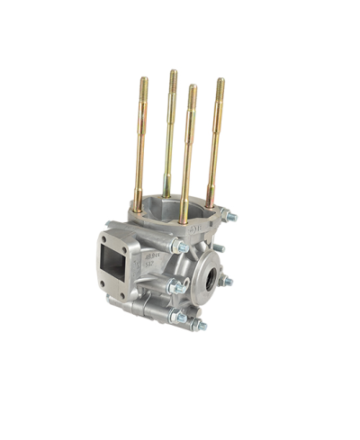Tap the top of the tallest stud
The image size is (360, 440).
pyautogui.click(x=173, y=74)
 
